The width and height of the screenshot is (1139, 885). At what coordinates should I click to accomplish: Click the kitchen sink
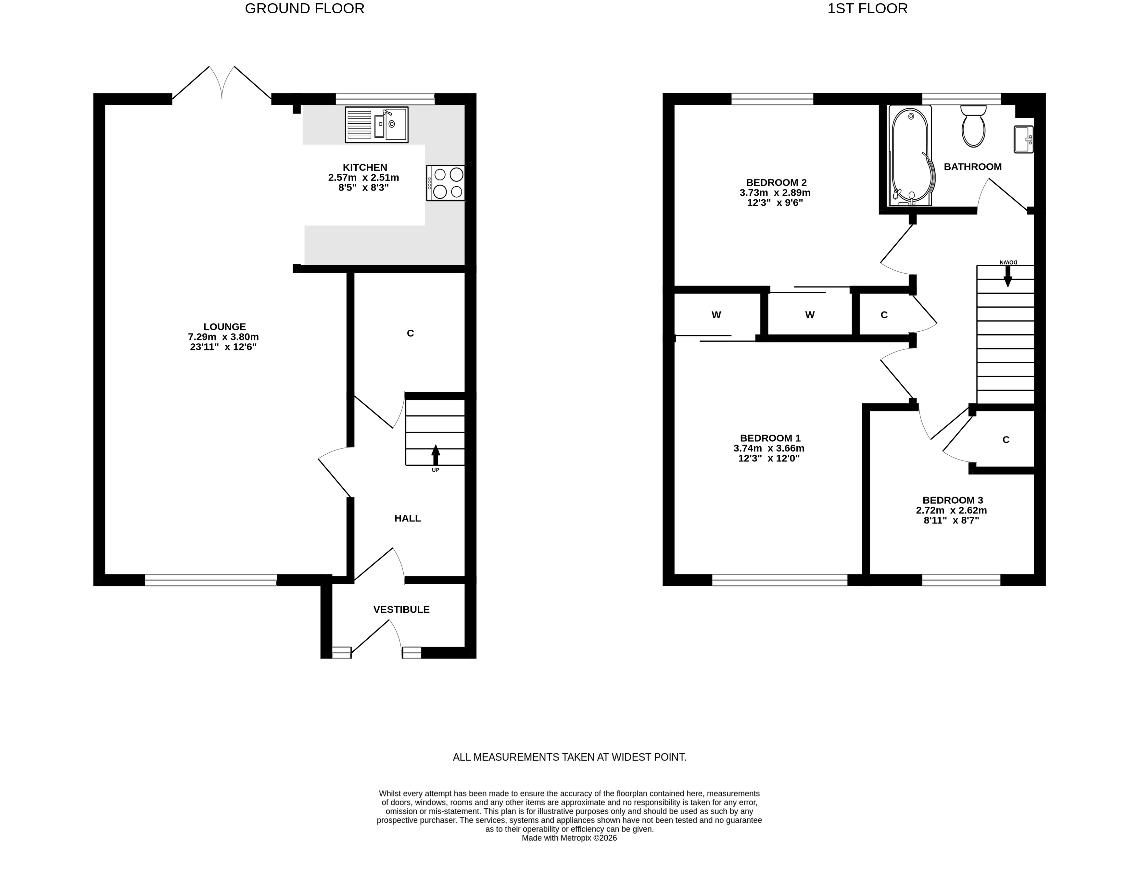(x=376, y=125)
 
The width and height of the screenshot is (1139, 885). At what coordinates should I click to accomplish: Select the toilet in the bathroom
(x=973, y=126)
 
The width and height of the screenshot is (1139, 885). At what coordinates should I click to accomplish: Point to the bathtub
(x=911, y=156)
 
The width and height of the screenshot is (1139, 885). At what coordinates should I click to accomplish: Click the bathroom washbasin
(x=1024, y=139)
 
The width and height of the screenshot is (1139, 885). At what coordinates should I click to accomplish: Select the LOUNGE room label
(x=225, y=327)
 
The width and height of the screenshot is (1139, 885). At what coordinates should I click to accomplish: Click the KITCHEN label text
(x=365, y=167)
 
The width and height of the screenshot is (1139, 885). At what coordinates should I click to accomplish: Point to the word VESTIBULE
(x=401, y=609)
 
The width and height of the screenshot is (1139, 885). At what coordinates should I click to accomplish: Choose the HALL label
(x=407, y=518)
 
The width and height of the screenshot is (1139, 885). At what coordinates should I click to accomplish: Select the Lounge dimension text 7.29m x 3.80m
(x=224, y=337)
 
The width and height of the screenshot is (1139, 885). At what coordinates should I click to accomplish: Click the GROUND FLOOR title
(x=305, y=9)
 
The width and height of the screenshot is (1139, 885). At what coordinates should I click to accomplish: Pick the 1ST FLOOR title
(x=868, y=9)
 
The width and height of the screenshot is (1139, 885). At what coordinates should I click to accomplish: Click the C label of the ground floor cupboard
(x=411, y=333)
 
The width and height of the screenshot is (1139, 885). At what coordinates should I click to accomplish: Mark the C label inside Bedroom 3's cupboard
(x=1006, y=440)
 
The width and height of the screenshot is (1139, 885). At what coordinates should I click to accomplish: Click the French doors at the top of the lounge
(x=221, y=83)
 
